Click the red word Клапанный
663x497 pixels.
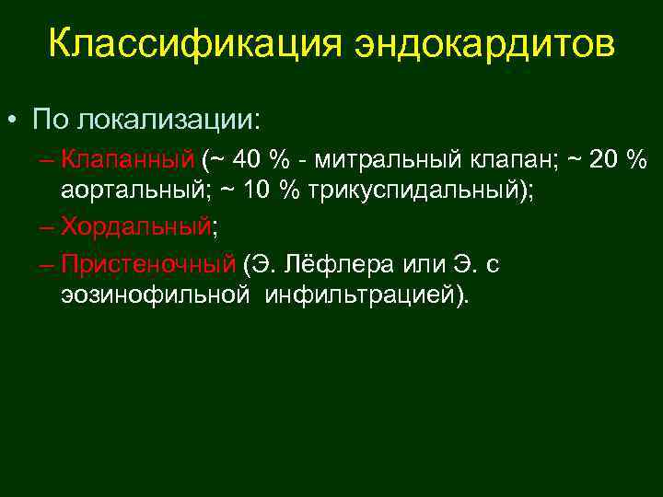coord(128,160)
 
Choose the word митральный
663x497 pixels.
coord(386,160)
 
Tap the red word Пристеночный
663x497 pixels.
coord(148,266)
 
